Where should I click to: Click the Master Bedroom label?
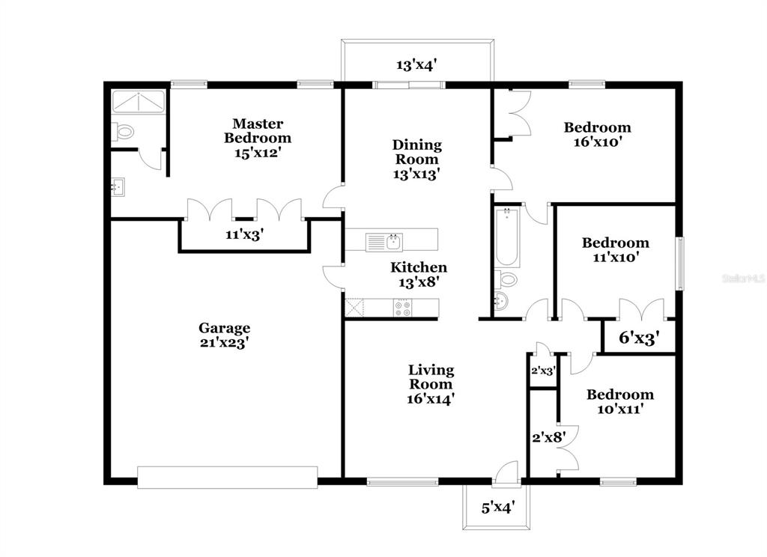coord(258,130)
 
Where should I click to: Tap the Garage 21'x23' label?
coord(225,335)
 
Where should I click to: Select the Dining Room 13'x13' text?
coord(416,159)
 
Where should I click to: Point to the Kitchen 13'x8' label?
coord(419,274)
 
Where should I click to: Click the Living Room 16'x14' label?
coord(431,384)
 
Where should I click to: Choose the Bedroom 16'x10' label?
coord(597,135)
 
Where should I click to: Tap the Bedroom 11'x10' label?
coord(616,250)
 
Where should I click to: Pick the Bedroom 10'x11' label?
coord(620,401)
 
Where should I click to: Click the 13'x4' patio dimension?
coord(416,64)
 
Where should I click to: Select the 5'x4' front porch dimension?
coord(497,508)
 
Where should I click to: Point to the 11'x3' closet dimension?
coord(245,235)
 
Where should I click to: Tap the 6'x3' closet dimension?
coord(639,338)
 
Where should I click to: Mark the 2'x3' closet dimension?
coord(543,371)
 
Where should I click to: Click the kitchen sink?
coord(384,242)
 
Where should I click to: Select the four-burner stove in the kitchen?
coord(403,308)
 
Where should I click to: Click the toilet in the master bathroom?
coord(122,132)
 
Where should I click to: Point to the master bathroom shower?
coord(139,101)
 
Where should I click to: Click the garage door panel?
coord(228,478)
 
